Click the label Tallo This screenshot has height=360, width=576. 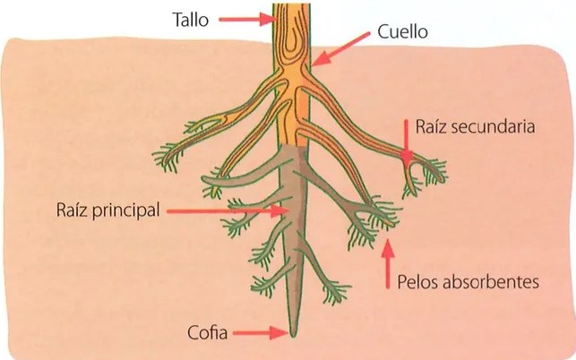click(x=191, y=20)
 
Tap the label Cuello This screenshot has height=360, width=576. click(x=402, y=32)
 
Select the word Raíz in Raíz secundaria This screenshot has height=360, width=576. click(x=431, y=127)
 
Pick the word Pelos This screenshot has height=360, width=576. click(x=417, y=282)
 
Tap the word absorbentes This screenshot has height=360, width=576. click(x=490, y=282)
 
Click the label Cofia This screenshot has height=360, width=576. click(x=207, y=333)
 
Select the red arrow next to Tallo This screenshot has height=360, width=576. click(x=246, y=19)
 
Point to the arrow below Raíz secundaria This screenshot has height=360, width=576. click(x=407, y=141)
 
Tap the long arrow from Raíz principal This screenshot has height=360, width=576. click(x=227, y=210)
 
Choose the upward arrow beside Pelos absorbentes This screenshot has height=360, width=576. click(x=388, y=264)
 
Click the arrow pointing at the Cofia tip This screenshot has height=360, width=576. click(x=260, y=333)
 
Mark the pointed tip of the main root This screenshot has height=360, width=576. click(x=293, y=336)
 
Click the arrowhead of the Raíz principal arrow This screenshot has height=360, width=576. click(x=279, y=210)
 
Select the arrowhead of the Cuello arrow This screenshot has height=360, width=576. click(x=319, y=59)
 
